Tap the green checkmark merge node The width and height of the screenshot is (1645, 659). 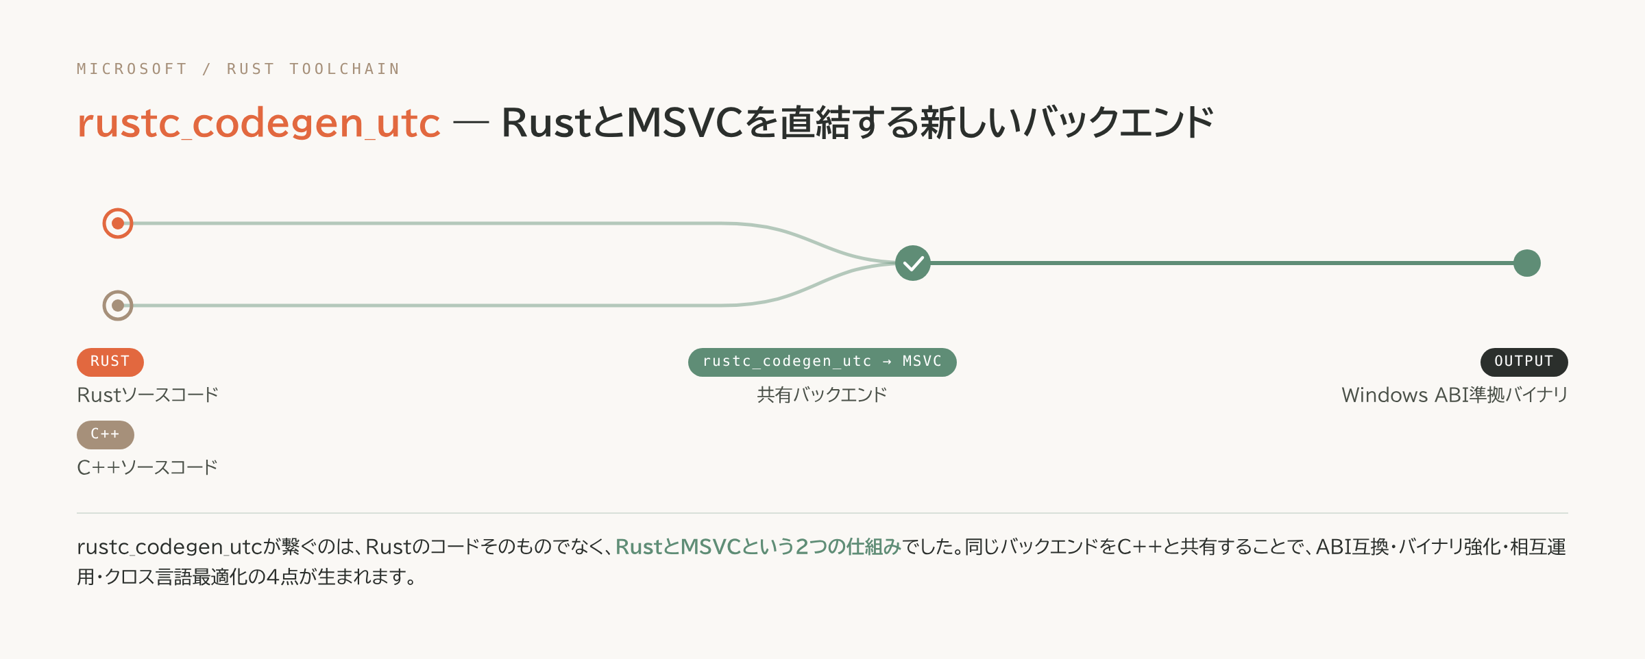(x=913, y=263)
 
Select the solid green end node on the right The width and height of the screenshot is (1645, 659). (x=1527, y=263)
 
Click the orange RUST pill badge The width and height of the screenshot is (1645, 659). (x=110, y=362)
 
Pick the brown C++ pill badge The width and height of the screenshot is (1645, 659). (x=106, y=434)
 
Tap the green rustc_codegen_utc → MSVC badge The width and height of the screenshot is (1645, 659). (x=822, y=362)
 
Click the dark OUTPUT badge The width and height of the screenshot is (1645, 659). (x=1524, y=362)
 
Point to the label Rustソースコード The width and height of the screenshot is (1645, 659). (x=148, y=395)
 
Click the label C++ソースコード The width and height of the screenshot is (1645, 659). (x=147, y=468)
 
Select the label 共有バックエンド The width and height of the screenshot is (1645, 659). (x=822, y=395)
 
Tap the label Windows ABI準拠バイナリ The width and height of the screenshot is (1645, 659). (x=1455, y=395)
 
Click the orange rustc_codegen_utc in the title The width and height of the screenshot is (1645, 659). (x=259, y=123)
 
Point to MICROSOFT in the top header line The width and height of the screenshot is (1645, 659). (x=132, y=69)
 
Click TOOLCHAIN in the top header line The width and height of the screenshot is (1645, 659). (x=345, y=69)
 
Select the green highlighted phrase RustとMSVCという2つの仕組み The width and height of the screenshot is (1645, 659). (x=758, y=547)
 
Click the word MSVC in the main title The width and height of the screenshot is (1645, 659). (x=685, y=123)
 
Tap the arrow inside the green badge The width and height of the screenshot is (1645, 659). (x=888, y=362)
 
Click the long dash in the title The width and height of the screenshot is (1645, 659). (x=472, y=123)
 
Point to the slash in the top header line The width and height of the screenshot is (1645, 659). (x=207, y=69)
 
